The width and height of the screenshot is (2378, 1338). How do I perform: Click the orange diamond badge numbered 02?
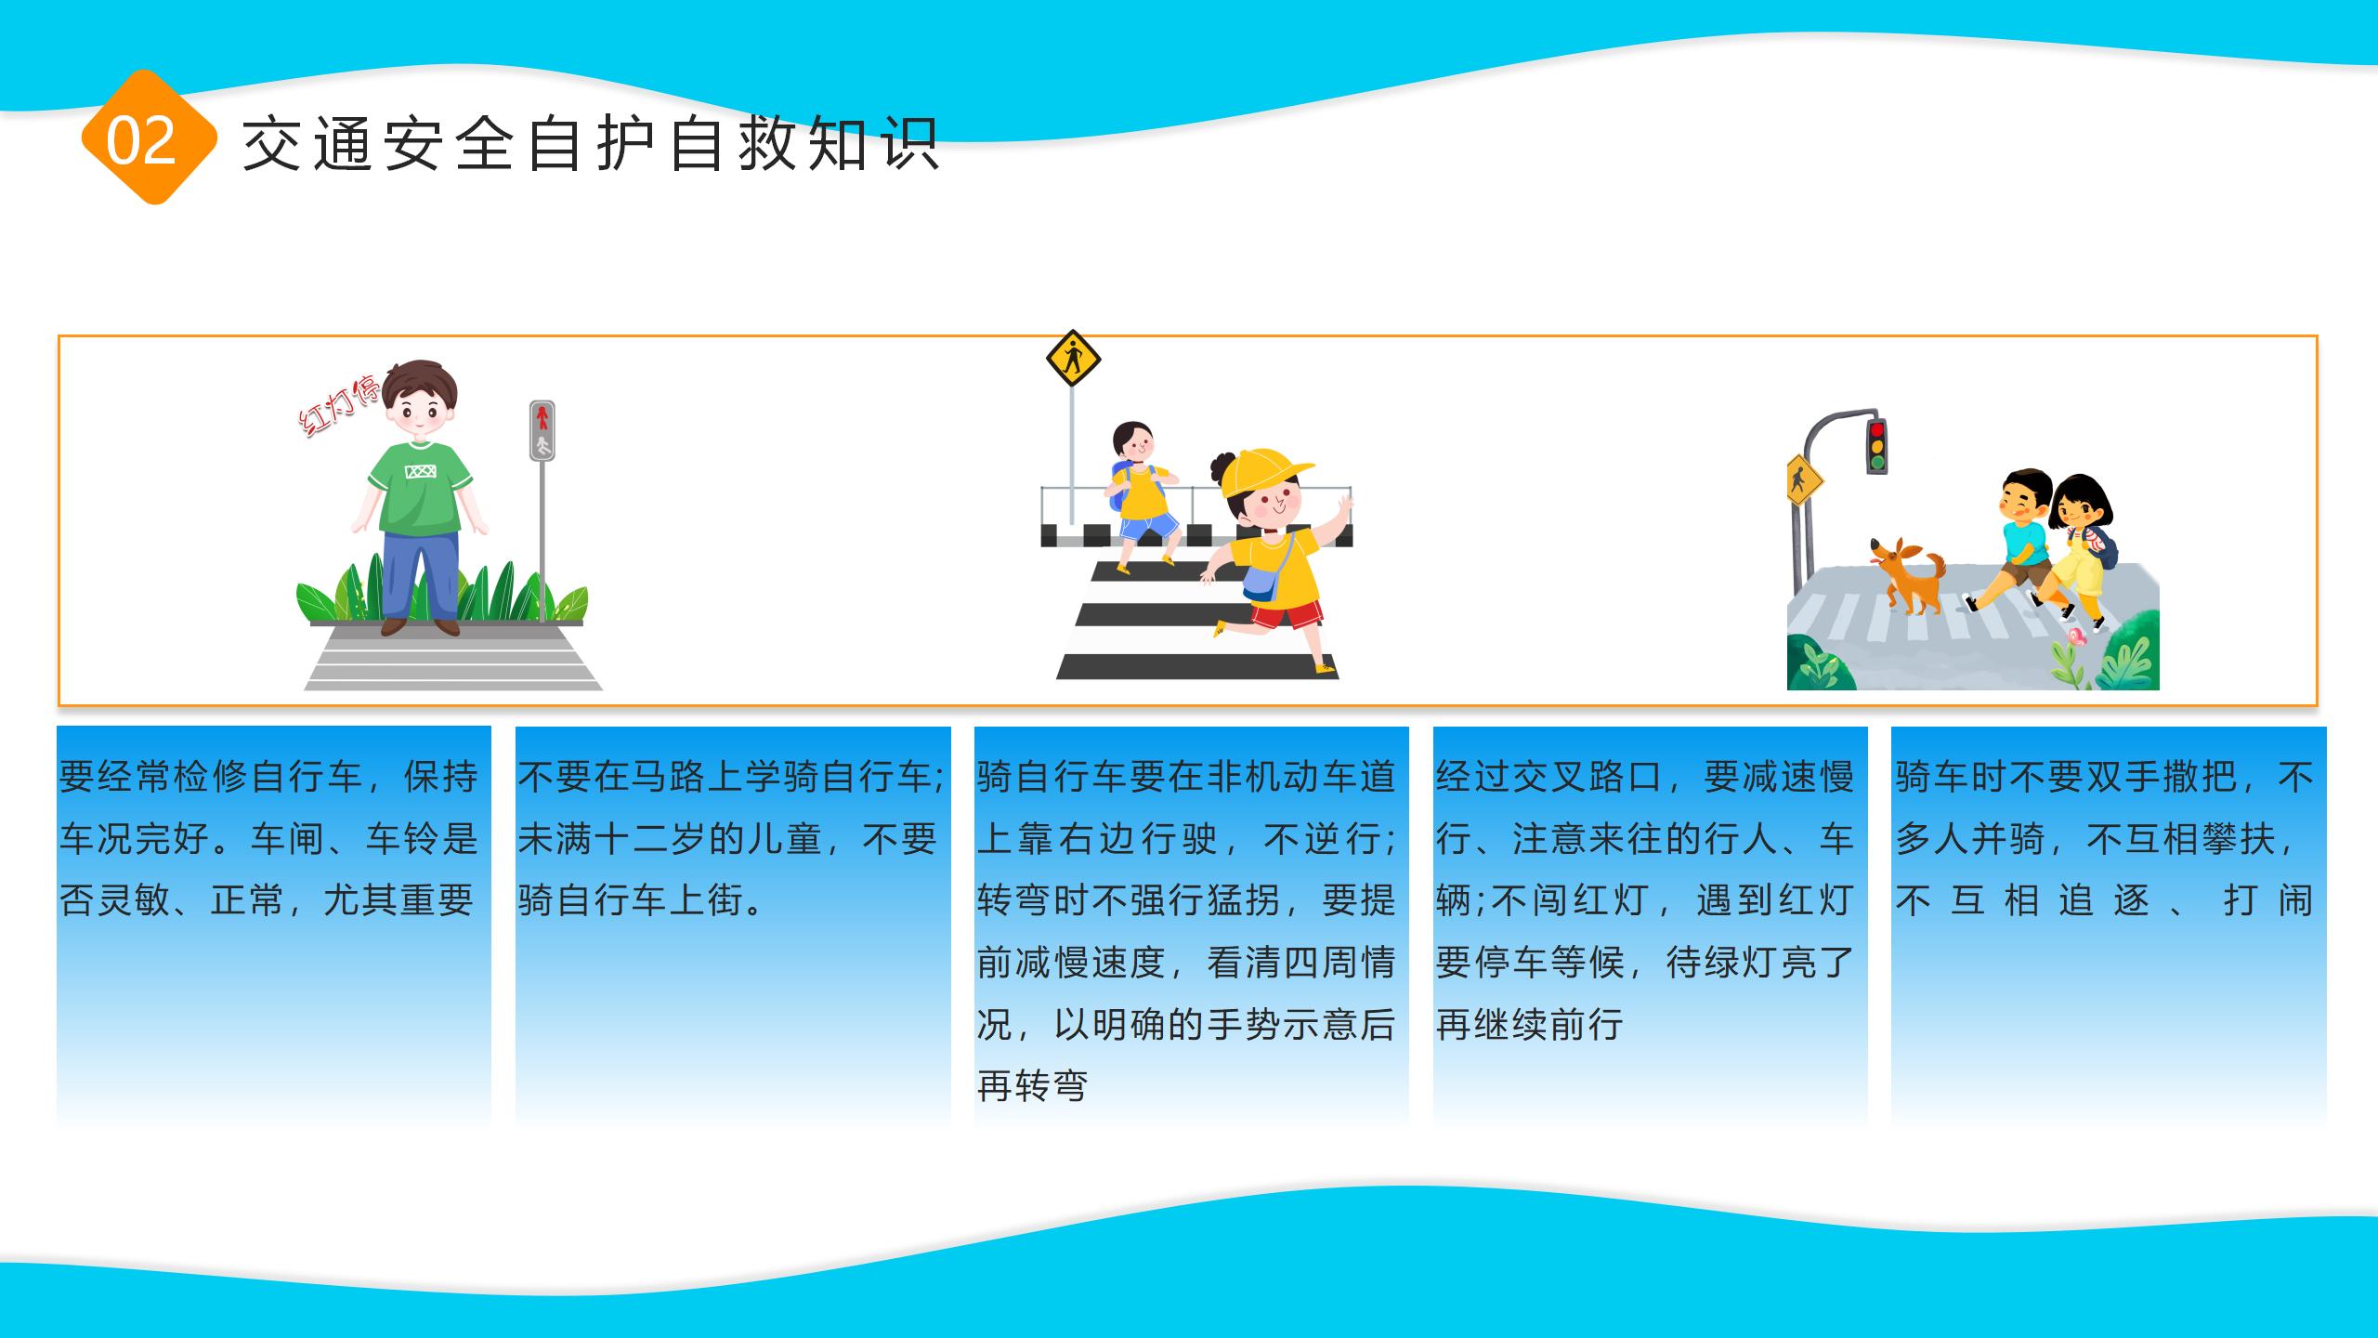[x=150, y=138]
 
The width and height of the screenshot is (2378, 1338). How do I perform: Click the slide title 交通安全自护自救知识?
[x=592, y=144]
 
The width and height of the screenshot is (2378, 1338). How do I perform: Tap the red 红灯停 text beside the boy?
[x=338, y=405]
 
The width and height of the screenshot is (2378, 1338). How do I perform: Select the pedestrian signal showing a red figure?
[x=542, y=430]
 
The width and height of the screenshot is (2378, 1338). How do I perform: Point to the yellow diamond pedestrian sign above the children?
[x=1073, y=358]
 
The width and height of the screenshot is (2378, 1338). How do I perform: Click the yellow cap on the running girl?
[x=1263, y=473]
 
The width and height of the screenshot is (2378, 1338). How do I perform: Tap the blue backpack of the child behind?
[x=1119, y=486]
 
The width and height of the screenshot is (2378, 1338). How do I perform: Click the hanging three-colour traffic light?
[x=1877, y=447]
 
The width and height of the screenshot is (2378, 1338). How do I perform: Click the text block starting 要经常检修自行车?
[x=268, y=838]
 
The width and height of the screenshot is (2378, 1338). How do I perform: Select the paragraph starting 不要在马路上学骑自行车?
[x=730, y=838]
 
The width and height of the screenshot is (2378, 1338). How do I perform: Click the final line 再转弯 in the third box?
[x=1032, y=1085]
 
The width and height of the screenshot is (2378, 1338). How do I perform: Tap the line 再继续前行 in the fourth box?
[x=1529, y=1024]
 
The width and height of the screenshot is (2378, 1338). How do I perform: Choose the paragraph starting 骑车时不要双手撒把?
[x=2105, y=838]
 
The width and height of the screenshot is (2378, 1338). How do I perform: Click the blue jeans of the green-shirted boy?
[x=421, y=576]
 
